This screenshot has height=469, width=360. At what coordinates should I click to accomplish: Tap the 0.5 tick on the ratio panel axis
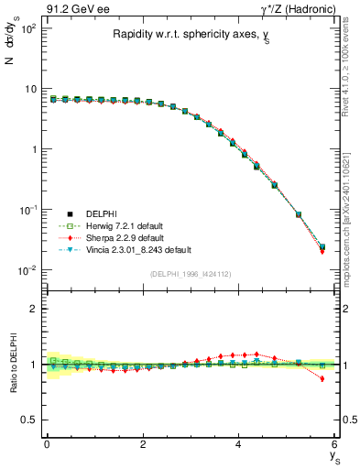(x=29, y=420)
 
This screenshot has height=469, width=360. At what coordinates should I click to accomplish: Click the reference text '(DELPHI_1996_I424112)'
(x=191, y=274)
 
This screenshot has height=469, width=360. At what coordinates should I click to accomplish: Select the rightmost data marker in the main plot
(x=322, y=247)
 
